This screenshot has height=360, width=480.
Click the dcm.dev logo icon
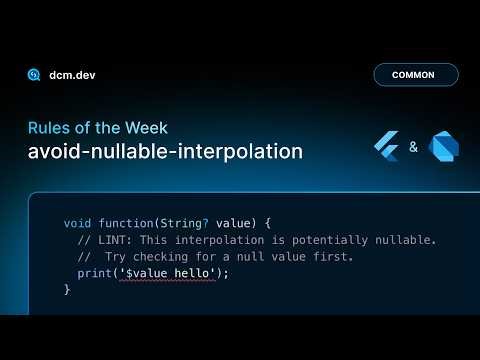pyautogui.click(x=34, y=75)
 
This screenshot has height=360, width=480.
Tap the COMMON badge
pyautogui.click(x=415, y=75)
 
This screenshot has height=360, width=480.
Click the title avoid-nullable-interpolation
pyautogui.click(x=165, y=151)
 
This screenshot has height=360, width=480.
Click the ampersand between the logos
pyautogui.click(x=414, y=148)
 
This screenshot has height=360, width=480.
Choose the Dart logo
pyautogui.click(x=443, y=148)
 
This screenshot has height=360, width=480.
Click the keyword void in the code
pyautogui.click(x=77, y=223)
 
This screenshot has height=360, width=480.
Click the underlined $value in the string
pyautogui.click(x=140, y=273)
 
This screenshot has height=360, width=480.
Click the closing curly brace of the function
pyautogui.click(x=67, y=290)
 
